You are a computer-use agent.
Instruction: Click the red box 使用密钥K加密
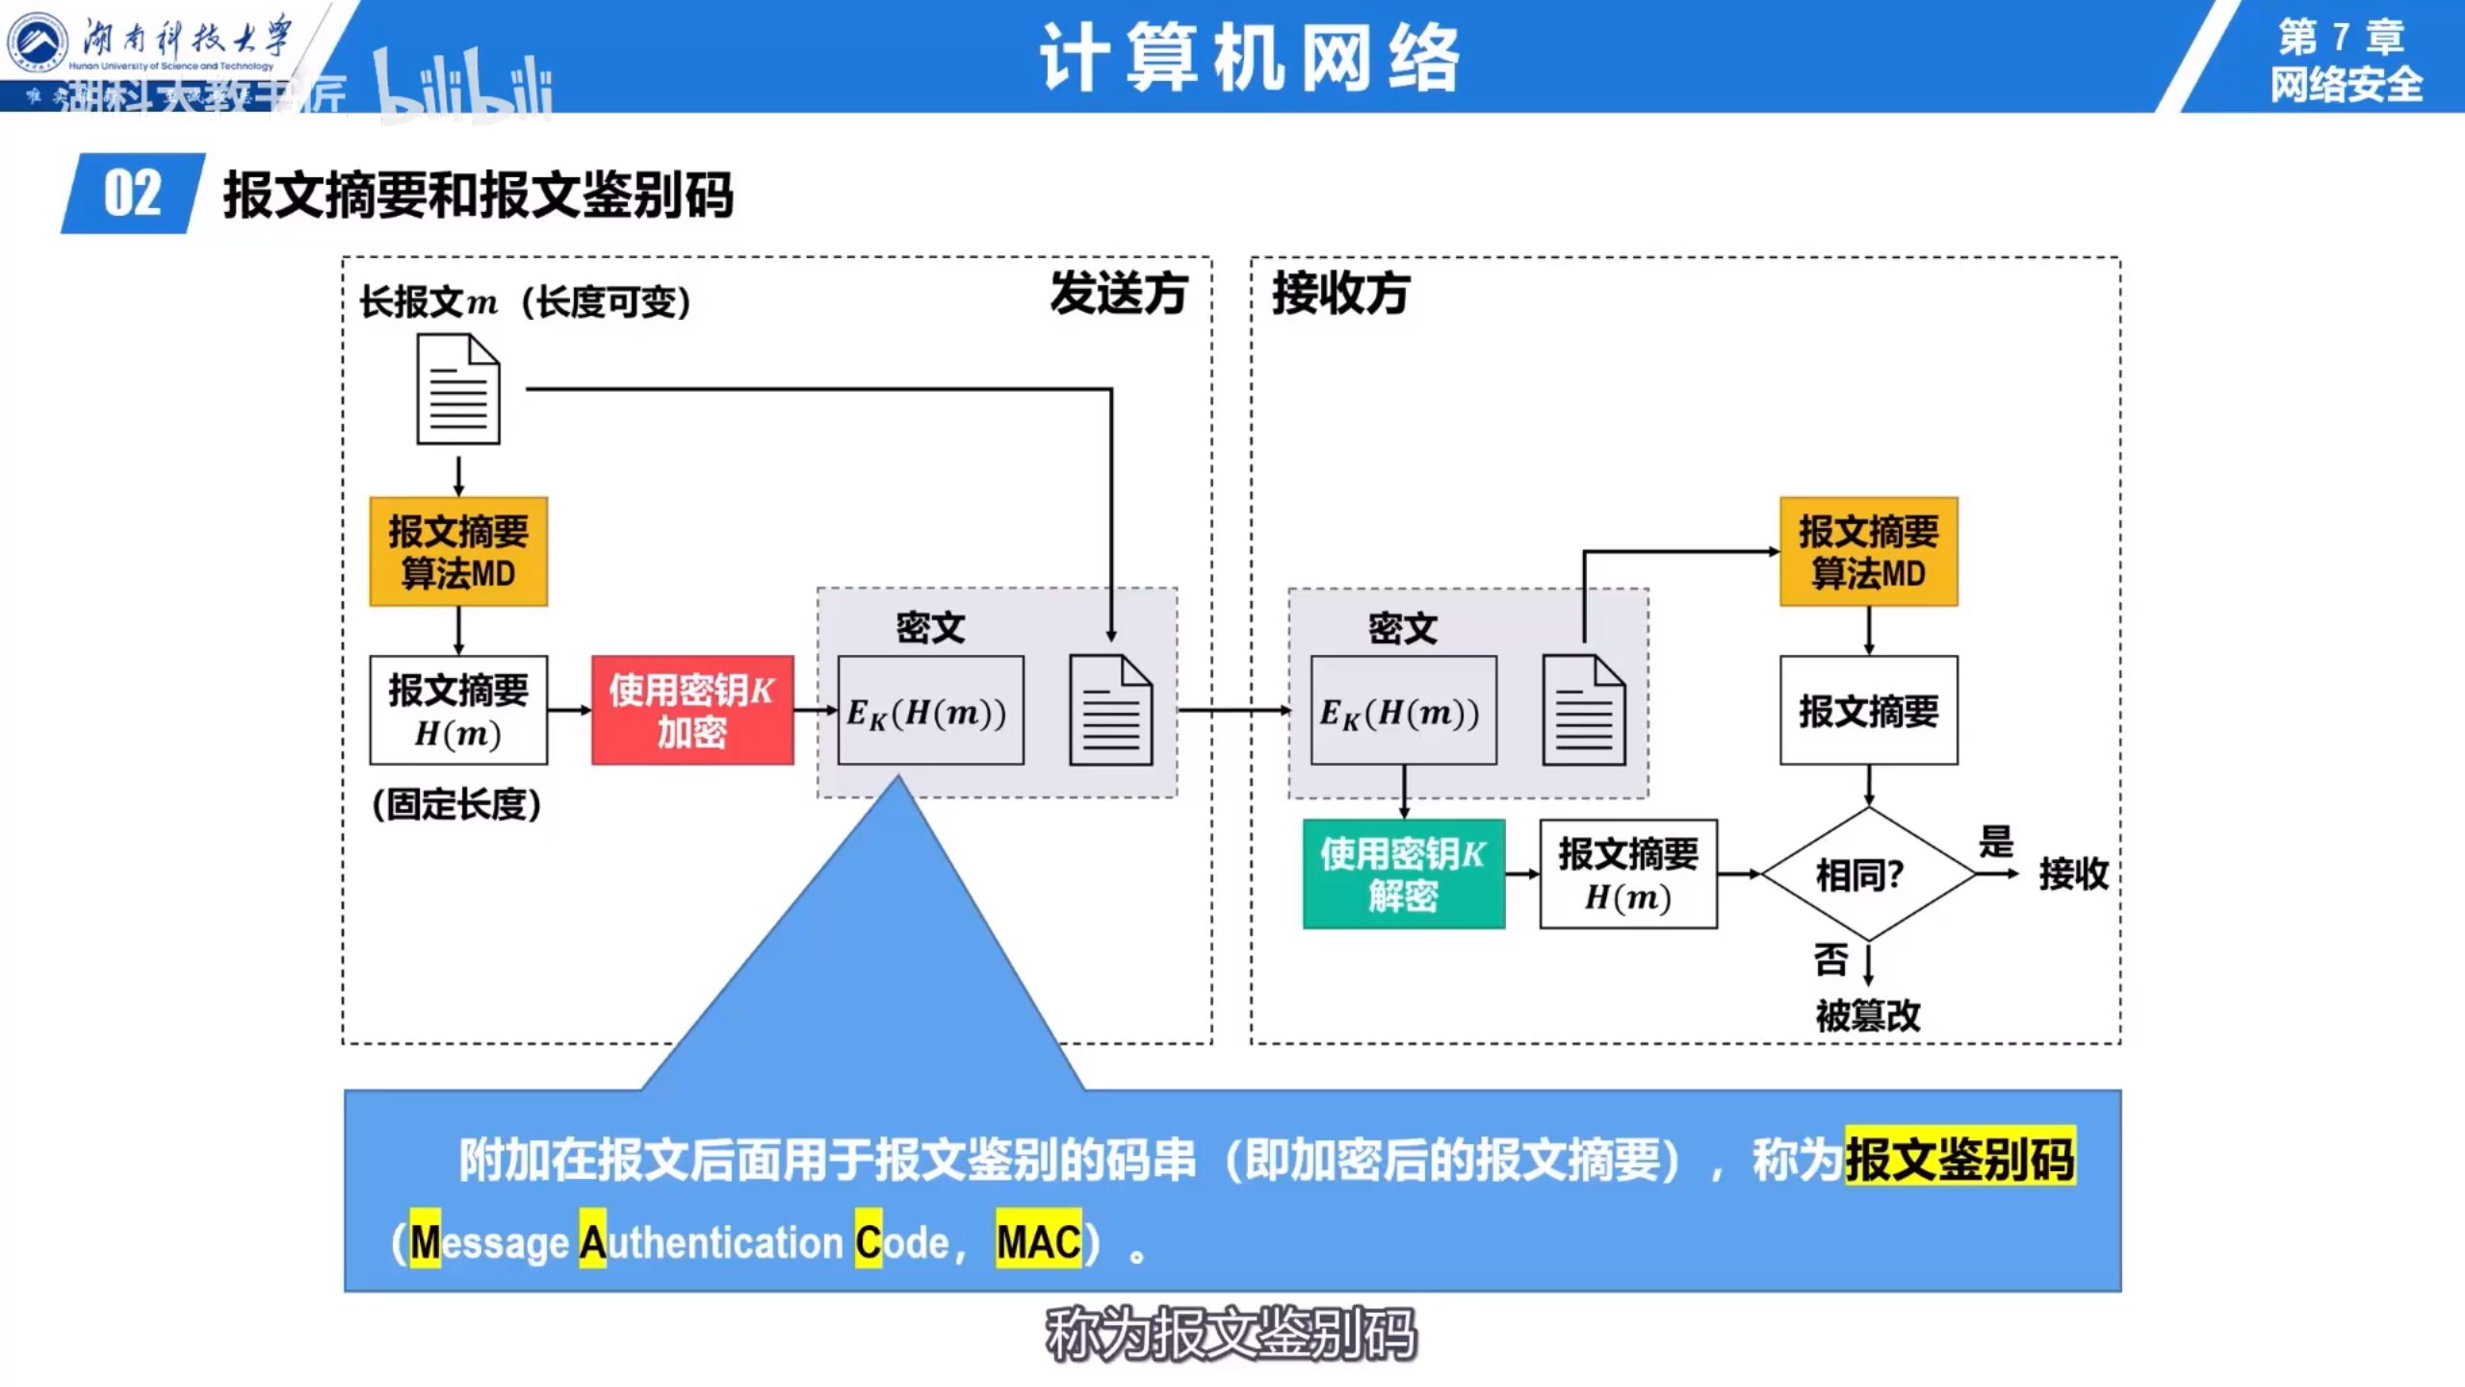pyautogui.click(x=692, y=711)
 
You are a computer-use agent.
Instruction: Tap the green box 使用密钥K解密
pyautogui.click(x=1403, y=875)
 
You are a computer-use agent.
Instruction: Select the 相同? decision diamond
pyautogui.click(x=1868, y=874)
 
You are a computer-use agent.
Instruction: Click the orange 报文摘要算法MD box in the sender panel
pyautogui.click(x=458, y=552)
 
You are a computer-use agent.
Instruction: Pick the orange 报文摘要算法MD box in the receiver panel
pyautogui.click(x=1868, y=552)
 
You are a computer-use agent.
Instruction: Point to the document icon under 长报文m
pyautogui.click(x=458, y=389)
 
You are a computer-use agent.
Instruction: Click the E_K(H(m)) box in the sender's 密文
pyautogui.click(x=930, y=711)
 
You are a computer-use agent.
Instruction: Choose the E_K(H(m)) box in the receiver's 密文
pyautogui.click(x=1403, y=711)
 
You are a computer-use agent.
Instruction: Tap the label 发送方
pyautogui.click(x=1119, y=293)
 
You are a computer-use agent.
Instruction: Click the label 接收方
pyautogui.click(x=1341, y=293)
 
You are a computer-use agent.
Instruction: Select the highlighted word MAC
pyautogui.click(x=1038, y=1241)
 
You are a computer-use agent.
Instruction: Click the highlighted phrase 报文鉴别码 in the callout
pyautogui.click(x=1959, y=1158)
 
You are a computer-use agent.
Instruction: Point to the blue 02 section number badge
pyautogui.click(x=133, y=194)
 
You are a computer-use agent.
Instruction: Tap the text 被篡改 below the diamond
pyautogui.click(x=1868, y=1015)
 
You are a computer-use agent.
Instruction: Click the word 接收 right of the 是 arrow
pyautogui.click(x=2073, y=874)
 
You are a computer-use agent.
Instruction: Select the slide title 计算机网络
pyautogui.click(x=1250, y=58)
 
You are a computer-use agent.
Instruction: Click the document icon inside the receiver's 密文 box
pyautogui.click(x=1584, y=711)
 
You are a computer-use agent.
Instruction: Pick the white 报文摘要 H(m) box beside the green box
pyautogui.click(x=1628, y=875)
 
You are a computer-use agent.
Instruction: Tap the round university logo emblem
pyautogui.click(x=39, y=42)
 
